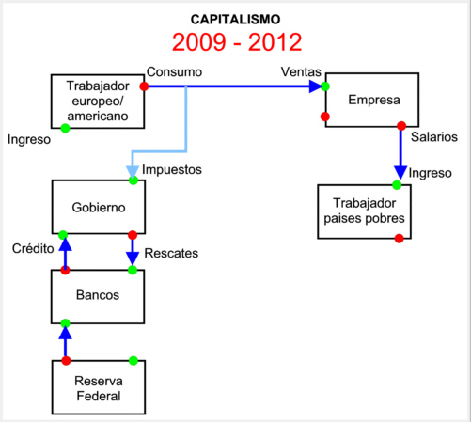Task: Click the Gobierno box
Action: point(99,207)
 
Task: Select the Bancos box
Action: point(98,297)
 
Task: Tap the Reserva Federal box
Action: point(99,387)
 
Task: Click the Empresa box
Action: point(372,100)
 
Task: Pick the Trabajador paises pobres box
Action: point(364,211)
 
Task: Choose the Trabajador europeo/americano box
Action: point(98,102)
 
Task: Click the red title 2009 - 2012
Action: point(237,42)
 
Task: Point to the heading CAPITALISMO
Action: point(235,20)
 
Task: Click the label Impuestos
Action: point(172,170)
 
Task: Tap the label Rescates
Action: point(171,253)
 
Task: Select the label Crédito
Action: point(33,248)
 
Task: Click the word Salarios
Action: point(434,137)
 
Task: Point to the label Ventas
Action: point(301,71)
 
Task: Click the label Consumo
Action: point(174,71)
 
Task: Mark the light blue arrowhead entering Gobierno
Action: point(133,172)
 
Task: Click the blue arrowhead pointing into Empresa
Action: point(315,86)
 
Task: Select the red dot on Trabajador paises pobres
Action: point(399,239)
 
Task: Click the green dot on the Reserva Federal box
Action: point(133,361)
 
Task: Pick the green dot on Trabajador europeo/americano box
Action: point(65,128)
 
